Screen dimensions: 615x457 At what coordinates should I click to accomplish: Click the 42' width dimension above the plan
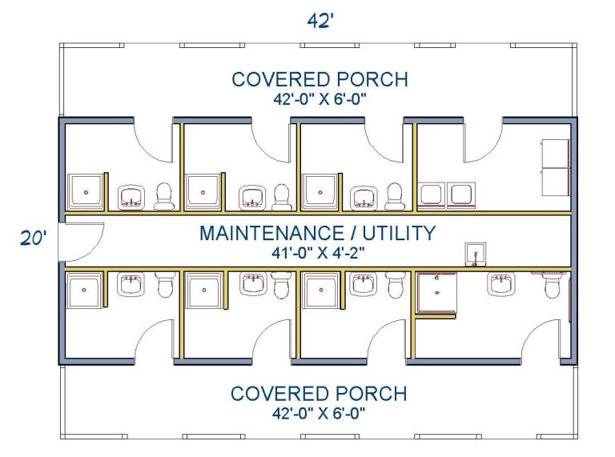[320, 20]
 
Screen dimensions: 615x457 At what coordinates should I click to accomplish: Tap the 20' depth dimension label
[34, 238]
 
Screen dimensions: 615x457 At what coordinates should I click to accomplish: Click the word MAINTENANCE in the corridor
[272, 233]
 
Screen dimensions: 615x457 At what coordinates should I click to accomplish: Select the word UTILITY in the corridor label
[399, 233]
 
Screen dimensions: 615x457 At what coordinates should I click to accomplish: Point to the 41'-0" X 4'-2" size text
[318, 253]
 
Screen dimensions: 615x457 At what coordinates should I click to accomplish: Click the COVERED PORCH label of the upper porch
[320, 79]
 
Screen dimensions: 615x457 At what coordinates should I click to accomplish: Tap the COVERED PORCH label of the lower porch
[319, 394]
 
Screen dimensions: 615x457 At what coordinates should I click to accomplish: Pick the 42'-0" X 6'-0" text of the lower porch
[319, 413]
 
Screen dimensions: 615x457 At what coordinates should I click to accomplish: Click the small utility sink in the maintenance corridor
[476, 254]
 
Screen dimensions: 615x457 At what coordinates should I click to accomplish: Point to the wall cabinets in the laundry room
[556, 167]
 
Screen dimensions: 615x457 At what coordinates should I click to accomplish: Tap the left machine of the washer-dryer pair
[431, 195]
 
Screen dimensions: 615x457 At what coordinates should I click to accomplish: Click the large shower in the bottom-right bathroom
[436, 293]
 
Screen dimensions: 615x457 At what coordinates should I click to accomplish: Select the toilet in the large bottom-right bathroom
[553, 285]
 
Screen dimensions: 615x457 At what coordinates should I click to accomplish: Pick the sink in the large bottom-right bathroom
[501, 283]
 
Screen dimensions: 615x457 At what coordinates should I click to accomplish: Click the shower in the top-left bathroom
[86, 192]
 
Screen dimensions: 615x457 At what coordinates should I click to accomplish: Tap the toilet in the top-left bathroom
[164, 196]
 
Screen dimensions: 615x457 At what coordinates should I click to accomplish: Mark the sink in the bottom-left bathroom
[131, 284]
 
